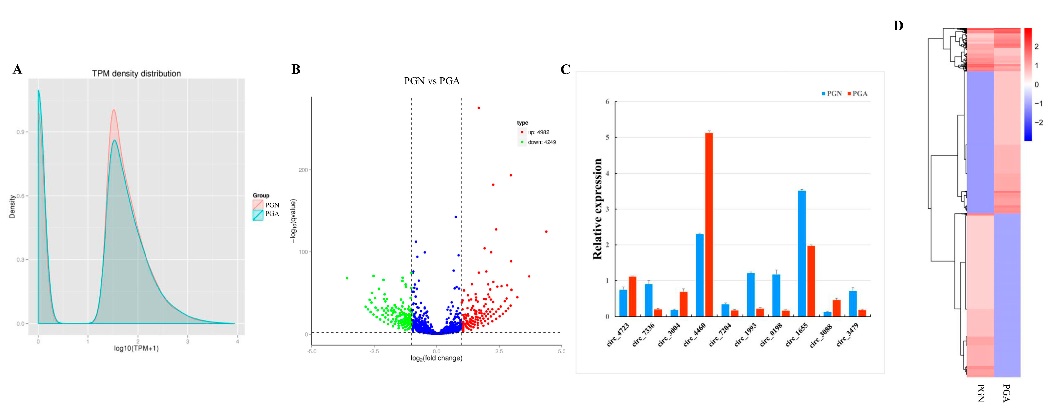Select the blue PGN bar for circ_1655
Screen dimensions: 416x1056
coord(802,254)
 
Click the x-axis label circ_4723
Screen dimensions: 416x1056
coord(618,335)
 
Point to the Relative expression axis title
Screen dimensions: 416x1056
coord(597,209)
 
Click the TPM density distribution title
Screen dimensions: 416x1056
coord(136,73)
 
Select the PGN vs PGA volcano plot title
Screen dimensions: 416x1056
coord(432,81)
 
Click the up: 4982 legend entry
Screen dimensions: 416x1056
coord(538,132)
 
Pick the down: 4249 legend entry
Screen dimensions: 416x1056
coord(541,142)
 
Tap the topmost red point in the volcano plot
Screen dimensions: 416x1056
coord(479,108)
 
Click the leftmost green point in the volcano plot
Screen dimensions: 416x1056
coord(347,278)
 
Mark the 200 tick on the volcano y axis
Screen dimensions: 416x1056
coord(303,170)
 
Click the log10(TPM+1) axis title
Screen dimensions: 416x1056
coord(136,348)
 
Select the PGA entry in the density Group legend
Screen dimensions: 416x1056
coord(272,214)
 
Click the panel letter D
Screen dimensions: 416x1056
coord(898,26)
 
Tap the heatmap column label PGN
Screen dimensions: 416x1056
coord(980,393)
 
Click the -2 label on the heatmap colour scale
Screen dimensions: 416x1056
coord(1038,122)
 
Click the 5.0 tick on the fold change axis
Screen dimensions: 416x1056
coord(561,351)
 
